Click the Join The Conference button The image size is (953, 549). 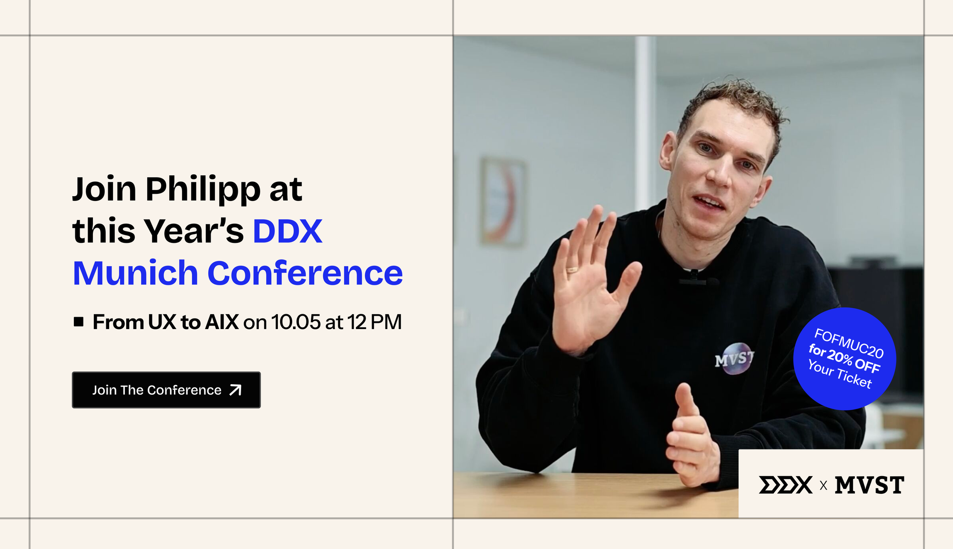166,390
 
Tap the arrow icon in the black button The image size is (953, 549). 235,390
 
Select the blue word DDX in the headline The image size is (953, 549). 287,232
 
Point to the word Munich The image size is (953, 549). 135,274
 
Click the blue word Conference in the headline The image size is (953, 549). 305,274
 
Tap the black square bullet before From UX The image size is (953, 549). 79,322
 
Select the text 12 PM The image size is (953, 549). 375,322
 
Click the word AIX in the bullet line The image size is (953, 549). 222,322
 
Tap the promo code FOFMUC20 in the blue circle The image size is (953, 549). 849,343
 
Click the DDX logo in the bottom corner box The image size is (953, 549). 785,485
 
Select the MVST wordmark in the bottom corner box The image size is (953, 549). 869,485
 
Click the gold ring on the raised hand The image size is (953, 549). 571,270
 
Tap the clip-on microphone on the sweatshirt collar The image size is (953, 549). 695,278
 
